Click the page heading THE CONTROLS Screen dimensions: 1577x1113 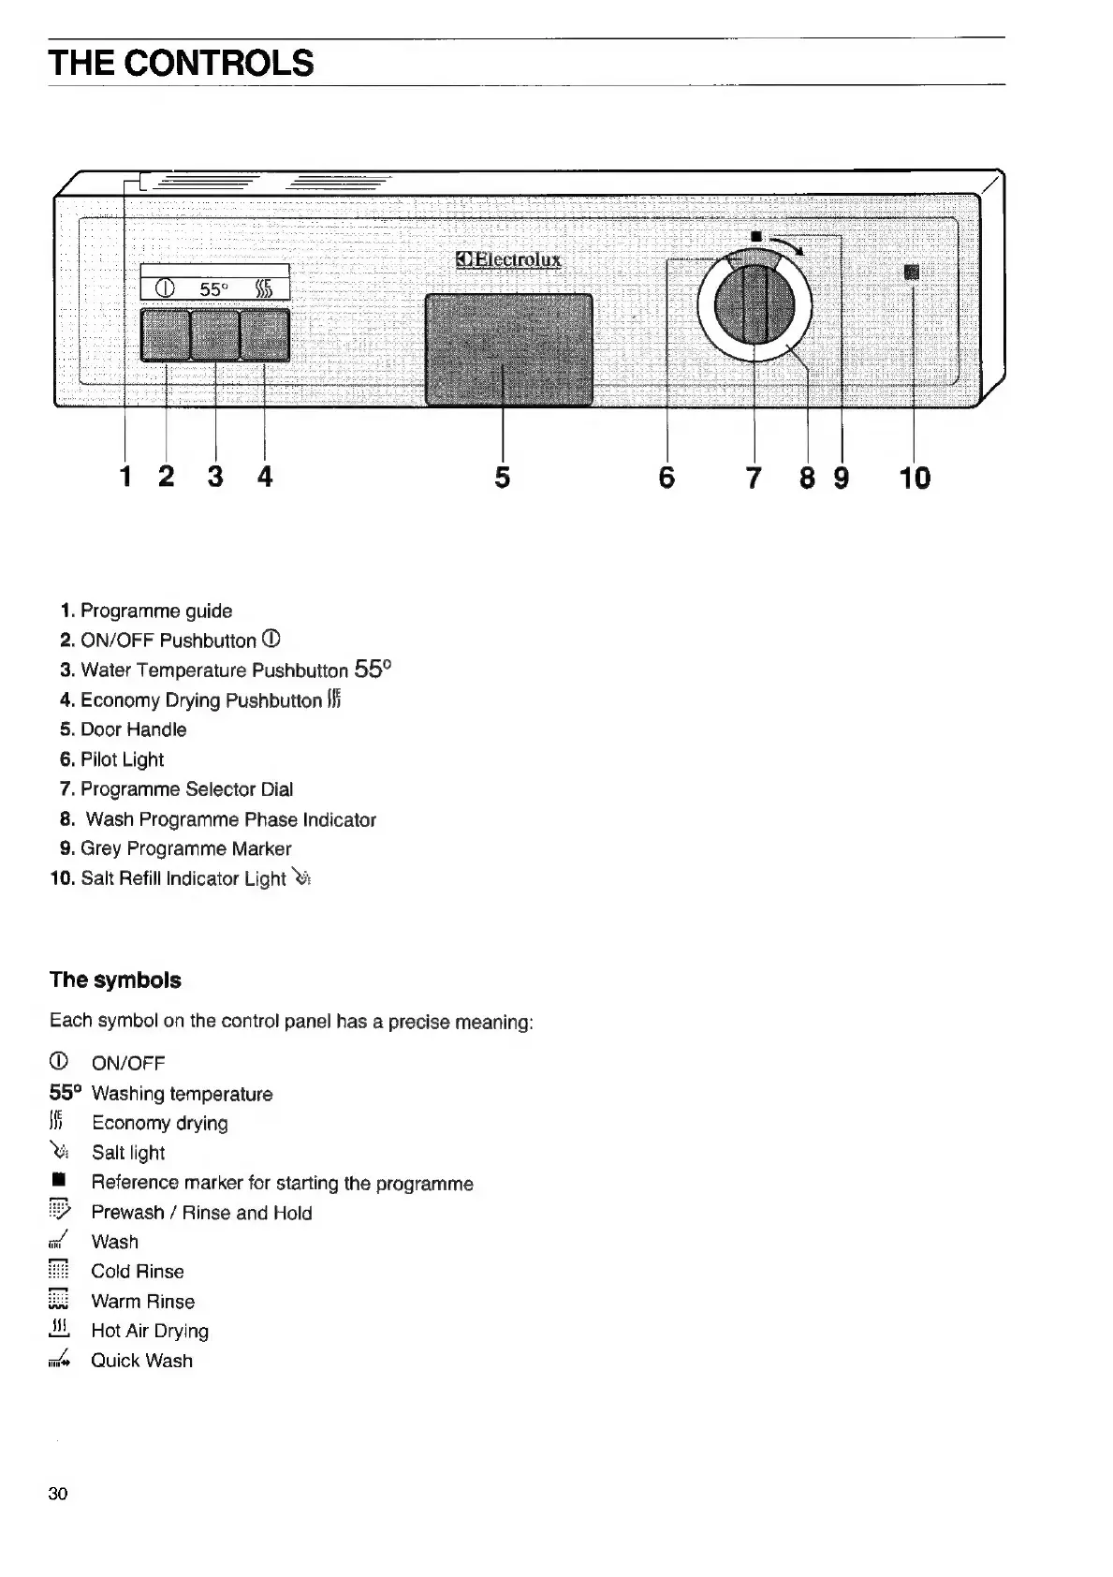[x=182, y=63]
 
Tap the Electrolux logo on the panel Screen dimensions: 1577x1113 [x=509, y=259]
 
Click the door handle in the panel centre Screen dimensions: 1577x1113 [x=508, y=349]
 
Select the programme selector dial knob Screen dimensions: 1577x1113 [x=754, y=303]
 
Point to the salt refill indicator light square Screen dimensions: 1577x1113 [x=913, y=273]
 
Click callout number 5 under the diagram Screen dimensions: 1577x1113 [x=503, y=478]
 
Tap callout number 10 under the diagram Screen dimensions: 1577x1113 [x=915, y=478]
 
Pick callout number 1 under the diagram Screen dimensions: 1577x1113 [x=124, y=477]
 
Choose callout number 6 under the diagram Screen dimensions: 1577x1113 [x=666, y=478]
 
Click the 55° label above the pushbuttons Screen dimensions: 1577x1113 [x=213, y=288]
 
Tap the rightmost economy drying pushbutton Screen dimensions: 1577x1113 [x=265, y=334]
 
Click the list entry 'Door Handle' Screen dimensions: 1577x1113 [x=133, y=730]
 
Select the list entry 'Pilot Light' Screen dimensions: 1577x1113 [x=122, y=759]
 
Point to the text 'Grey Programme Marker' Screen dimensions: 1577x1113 [x=185, y=848]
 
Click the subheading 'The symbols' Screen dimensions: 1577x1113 [x=115, y=980]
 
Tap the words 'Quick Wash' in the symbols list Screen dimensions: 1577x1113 [x=141, y=1361]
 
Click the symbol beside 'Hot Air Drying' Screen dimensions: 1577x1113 [x=59, y=1330]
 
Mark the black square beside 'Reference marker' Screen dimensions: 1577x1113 [x=58, y=1183]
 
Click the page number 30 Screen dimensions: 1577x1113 [x=58, y=1494]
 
